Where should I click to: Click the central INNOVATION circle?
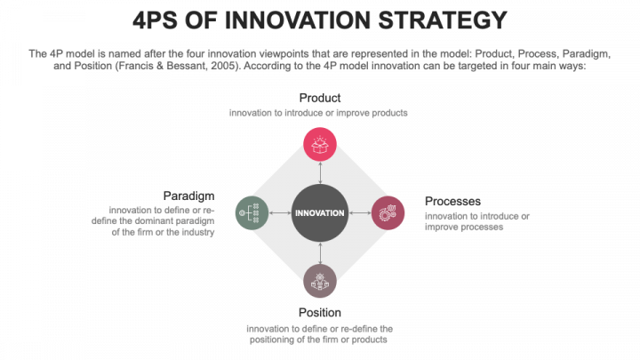(319, 212)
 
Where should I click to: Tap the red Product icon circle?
(319, 144)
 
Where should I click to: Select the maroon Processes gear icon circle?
(387, 212)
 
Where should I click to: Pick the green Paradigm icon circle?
(252, 212)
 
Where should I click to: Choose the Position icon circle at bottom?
(319, 280)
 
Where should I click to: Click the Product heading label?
(319, 97)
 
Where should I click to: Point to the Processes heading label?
(452, 201)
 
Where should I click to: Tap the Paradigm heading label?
(188, 195)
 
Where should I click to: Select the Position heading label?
(319, 312)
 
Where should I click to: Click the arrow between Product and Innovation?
(319, 172)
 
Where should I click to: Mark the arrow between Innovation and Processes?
(359, 212)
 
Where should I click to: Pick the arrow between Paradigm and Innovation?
(280, 212)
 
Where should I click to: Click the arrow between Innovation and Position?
(319, 252)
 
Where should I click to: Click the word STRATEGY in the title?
(444, 20)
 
